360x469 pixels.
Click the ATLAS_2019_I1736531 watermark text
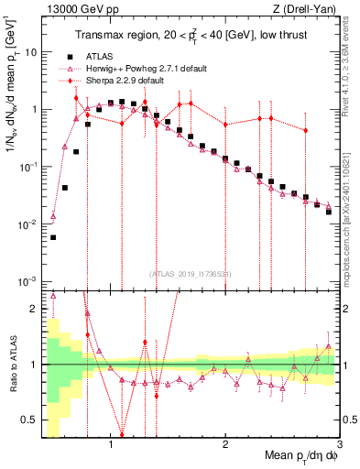(x=189, y=273)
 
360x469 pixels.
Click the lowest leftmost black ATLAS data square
(x=53, y=237)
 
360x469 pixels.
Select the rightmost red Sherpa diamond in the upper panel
(x=306, y=131)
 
